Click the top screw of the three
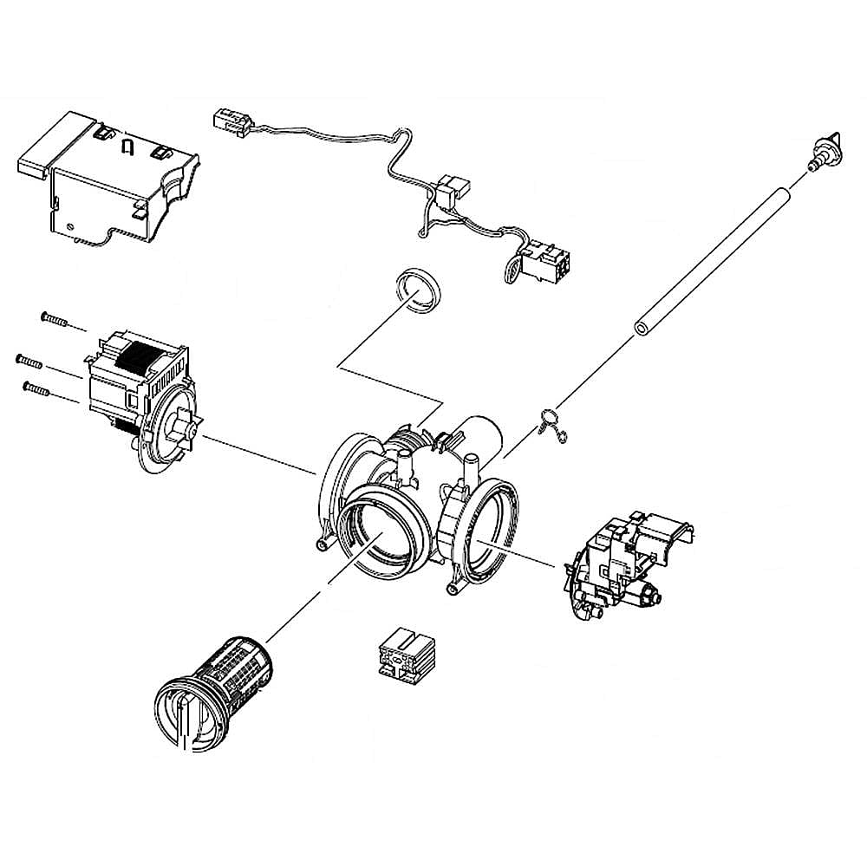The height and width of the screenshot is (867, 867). (x=53, y=320)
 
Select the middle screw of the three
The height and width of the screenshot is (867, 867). (x=29, y=359)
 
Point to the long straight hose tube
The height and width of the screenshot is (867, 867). (x=715, y=257)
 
